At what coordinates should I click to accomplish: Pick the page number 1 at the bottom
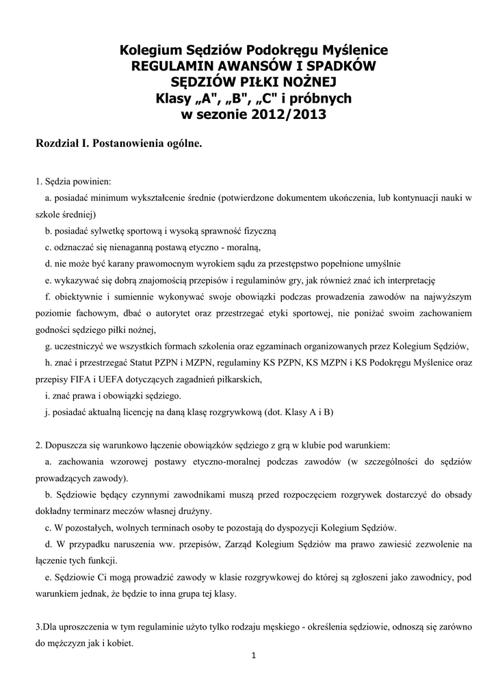tap(253, 657)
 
